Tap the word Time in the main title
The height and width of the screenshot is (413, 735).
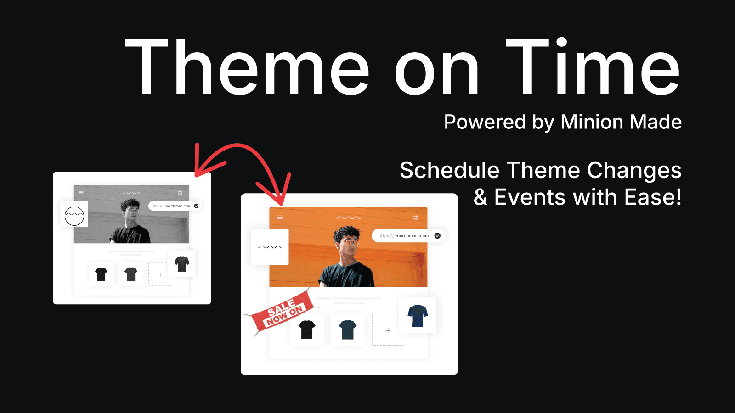point(593,67)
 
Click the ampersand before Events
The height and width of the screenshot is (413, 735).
point(481,198)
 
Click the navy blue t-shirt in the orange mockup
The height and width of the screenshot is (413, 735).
point(418,315)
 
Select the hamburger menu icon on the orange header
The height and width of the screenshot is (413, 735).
point(280,218)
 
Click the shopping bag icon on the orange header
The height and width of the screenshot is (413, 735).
point(415,218)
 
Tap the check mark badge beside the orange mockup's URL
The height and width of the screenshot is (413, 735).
point(437,236)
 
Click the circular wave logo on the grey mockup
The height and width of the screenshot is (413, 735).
point(74,216)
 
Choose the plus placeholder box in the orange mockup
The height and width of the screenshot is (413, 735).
point(388,330)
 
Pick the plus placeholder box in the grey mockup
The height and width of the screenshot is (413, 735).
point(160,275)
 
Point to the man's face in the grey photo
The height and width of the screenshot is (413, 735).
point(132,212)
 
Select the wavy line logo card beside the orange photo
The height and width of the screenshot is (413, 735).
point(270,247)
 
